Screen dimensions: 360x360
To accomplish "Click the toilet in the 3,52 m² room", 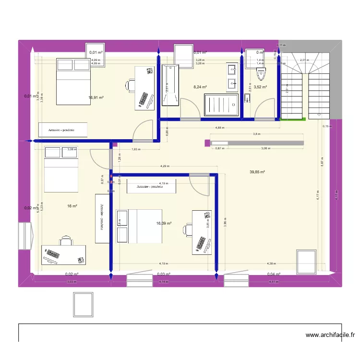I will [262, 73].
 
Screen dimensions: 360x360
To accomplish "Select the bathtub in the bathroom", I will [170, 85].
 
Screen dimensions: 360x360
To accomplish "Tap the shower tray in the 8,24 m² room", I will [221, 105].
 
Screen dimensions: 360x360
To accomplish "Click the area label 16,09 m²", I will [164, 223].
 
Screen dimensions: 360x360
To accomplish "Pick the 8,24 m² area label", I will [200, 87].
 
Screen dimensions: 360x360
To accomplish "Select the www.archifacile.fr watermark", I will [330, 336].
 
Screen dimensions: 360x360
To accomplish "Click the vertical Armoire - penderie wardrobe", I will [102, 218].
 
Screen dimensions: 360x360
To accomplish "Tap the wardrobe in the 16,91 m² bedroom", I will [63, 130].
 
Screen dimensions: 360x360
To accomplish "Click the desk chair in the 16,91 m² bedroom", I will [130, 85].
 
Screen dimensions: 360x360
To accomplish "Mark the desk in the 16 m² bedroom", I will [63, 255].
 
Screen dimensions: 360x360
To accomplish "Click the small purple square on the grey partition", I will [207, 143].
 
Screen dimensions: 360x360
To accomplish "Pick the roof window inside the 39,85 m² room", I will [306, 263].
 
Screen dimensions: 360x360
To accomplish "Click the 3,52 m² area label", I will [260, 87].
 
